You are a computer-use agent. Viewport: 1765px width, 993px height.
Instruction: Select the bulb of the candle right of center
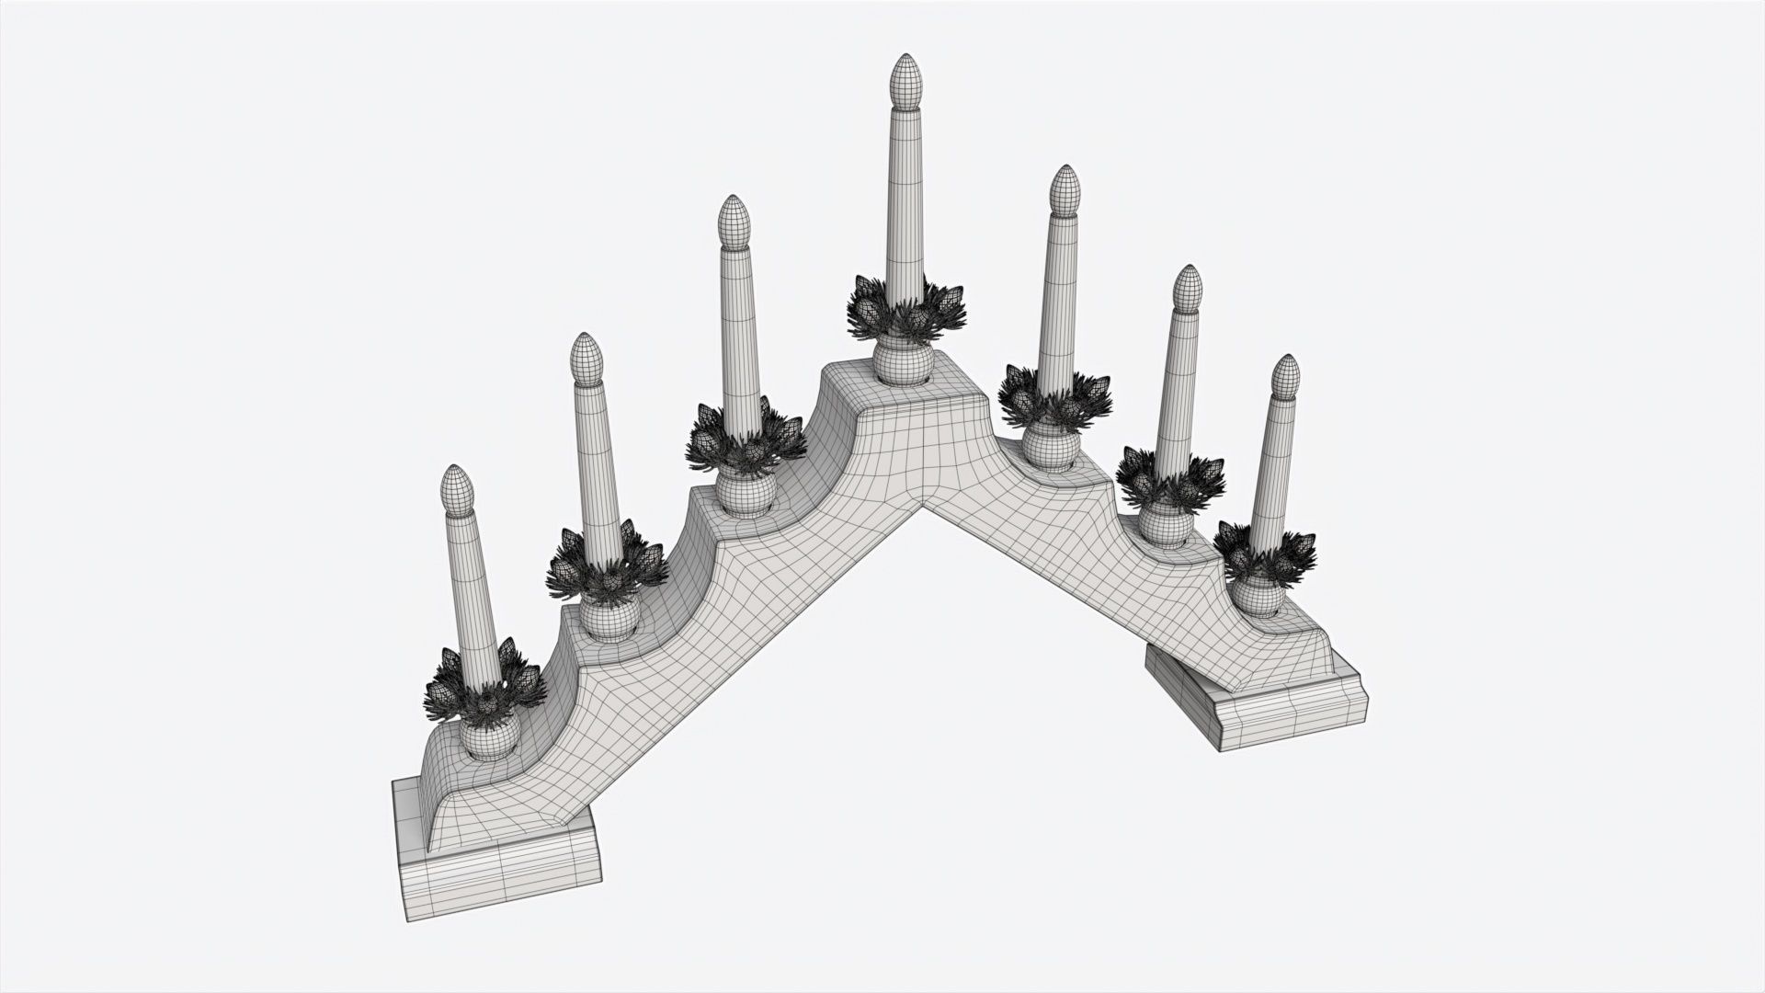[1065, 188]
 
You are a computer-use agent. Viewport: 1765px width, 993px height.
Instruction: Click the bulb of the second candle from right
[1189, 287]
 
